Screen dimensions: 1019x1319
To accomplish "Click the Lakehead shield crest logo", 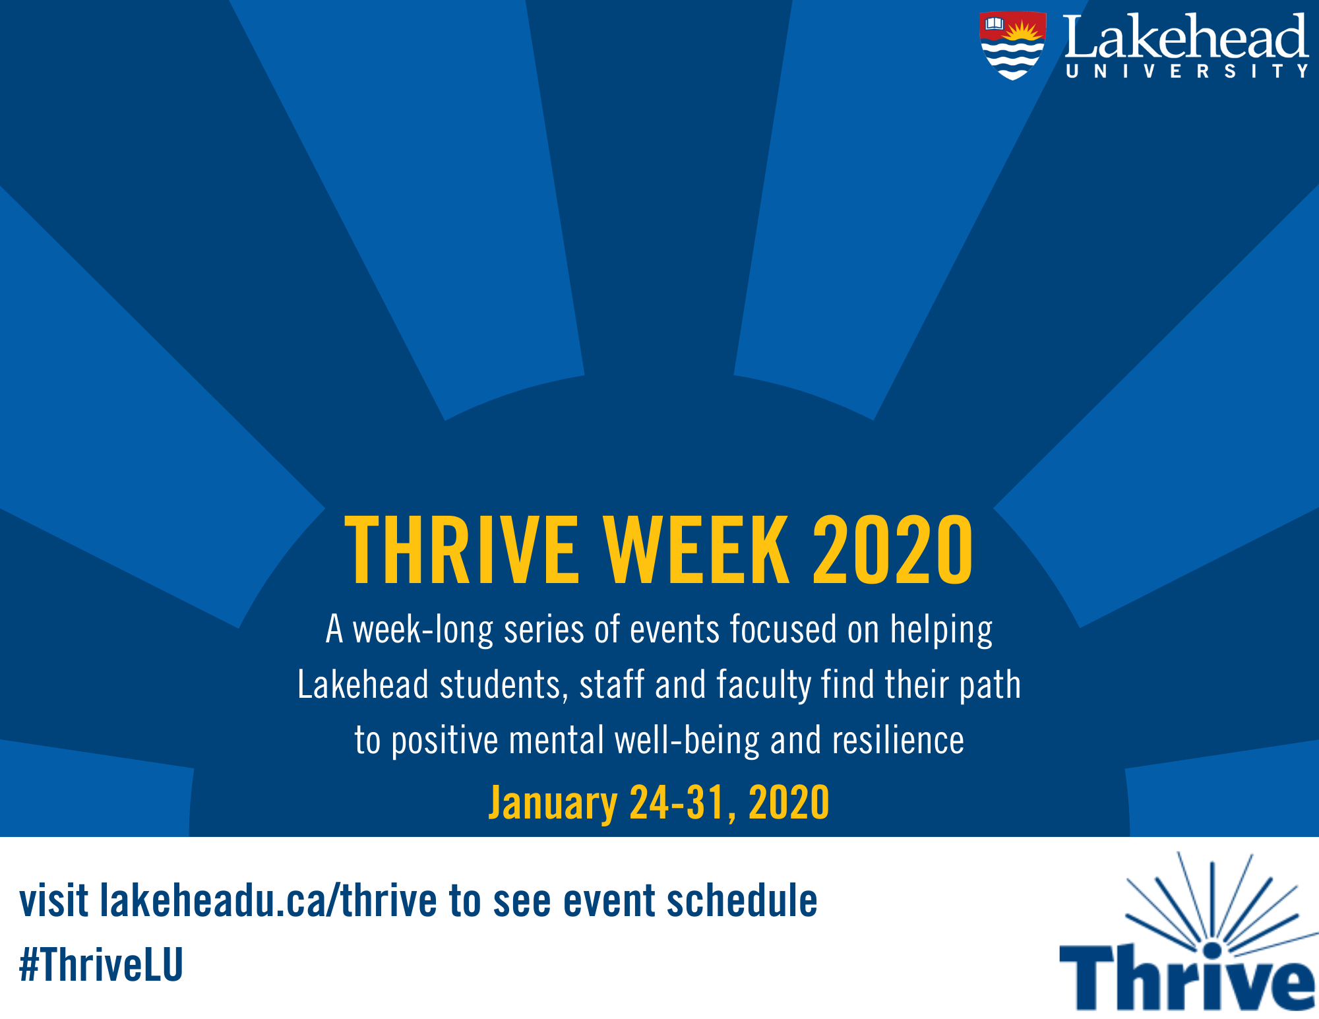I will (1012, 45).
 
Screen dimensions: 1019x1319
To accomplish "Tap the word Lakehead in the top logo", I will (1185, 37).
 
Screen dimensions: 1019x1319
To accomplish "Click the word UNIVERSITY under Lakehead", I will (1186, 71).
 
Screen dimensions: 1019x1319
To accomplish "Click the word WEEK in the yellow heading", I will (696, 550).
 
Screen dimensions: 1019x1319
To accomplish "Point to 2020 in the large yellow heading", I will (892, 550).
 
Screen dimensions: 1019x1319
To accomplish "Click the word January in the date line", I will (553, 803).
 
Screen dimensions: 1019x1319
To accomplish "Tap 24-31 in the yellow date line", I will (677, 803).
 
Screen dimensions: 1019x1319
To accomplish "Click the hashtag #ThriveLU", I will (101, 964).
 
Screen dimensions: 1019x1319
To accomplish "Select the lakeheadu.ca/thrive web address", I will (268, 901).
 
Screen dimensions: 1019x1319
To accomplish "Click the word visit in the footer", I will (53, 901).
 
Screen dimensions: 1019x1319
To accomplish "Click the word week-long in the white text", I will (422, 630).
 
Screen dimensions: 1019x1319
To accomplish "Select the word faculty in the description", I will (764, 685).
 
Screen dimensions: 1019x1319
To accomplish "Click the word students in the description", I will (499, 685).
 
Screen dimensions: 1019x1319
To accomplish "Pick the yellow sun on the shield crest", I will (1024, 30).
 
